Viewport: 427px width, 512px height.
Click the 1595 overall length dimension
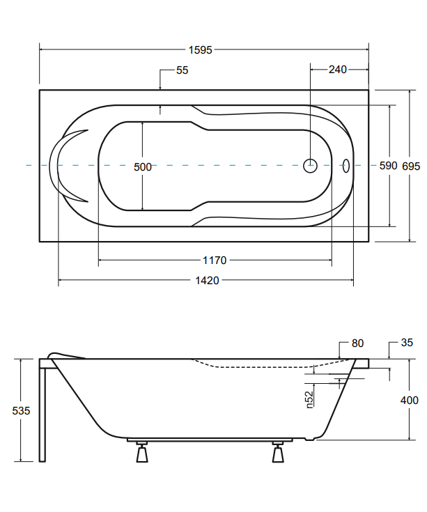click(x=200, y=50)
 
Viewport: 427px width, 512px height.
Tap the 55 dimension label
click(x=183, y=70)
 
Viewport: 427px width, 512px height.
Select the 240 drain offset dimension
click(x=338, y=70)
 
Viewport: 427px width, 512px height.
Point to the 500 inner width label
click(x=143, y=167)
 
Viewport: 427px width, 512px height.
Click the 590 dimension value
click(x=388, y=166)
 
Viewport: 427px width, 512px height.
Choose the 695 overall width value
click(x=411, y=166)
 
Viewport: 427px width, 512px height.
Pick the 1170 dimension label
click(x=215, y=261)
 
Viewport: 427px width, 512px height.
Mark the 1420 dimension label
click(x=207, y=281)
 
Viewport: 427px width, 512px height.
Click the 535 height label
click(x=21, y=410)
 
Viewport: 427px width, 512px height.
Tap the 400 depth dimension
click(x=410, y=400)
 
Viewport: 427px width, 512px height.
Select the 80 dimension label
click(x=357, y=343)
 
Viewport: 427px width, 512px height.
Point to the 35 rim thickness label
click(x=407, y=343)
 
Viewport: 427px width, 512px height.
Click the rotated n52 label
click(x=309, y=400)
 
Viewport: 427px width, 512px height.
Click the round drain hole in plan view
click(x=310, y=166)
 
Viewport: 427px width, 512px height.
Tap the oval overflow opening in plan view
click(x=346, y=166)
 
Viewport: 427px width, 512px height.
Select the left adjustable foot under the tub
click(x=142, y=452)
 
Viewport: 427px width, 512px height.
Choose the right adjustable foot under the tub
click(x=278, y=452)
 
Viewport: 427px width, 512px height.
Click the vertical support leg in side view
click(x=42, y=414)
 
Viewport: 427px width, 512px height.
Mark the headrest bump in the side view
click(x=65, y=355)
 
